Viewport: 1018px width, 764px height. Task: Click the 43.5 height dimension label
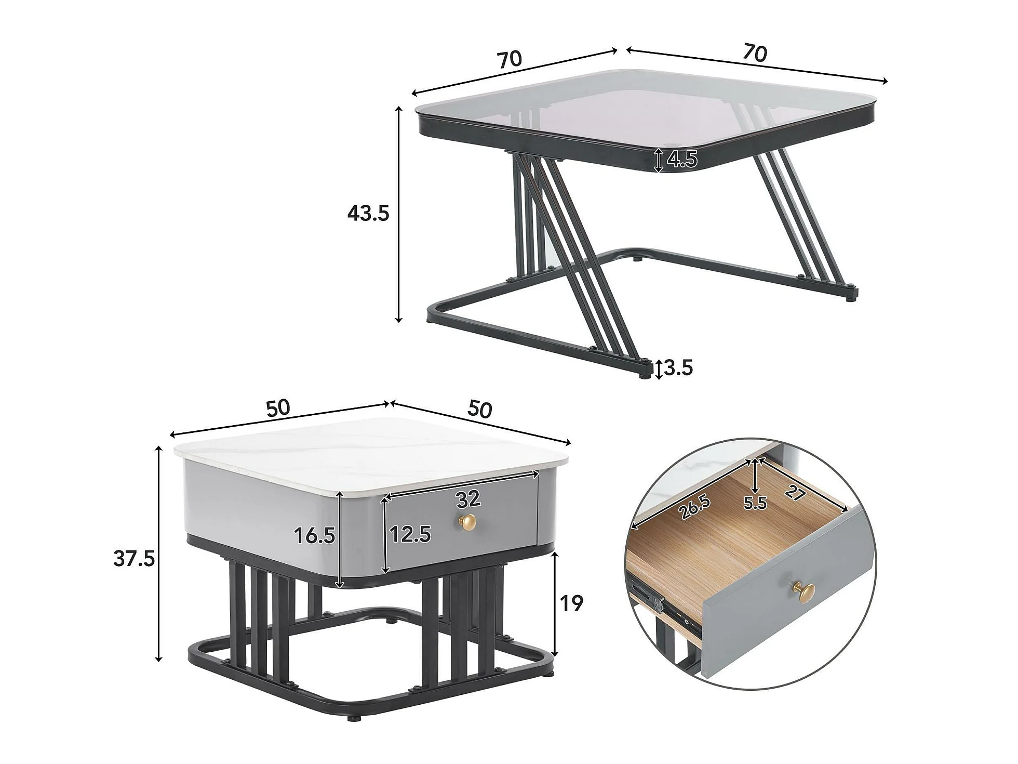coord(368,213)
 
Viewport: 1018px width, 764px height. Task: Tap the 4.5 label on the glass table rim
coord(682,160)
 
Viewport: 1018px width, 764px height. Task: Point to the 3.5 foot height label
coord(678,368)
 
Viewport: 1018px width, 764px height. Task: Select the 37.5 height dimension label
coord(134,559)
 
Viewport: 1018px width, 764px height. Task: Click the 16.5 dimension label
coord(315,535)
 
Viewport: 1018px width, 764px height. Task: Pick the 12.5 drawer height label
coord(410,534)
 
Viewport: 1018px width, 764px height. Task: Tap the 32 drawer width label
coord(468,499)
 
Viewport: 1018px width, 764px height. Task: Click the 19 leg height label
coord(571,603)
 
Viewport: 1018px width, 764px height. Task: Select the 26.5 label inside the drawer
coord(694,507)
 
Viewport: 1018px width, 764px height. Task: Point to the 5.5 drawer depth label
coord(755,503)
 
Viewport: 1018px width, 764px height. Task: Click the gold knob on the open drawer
coord(803,589)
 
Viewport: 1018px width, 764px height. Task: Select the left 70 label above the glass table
coord(510,59)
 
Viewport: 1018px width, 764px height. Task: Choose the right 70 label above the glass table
coord(755,52)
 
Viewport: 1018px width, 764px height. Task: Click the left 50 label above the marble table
coord(278,408)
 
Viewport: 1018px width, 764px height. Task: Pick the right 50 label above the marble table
coord(479,410)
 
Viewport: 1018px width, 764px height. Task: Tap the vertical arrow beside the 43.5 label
coord(399,214)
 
